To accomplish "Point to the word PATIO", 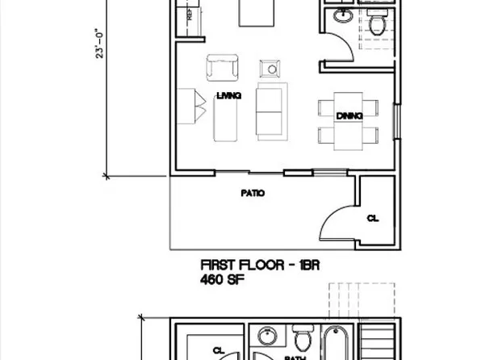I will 253,194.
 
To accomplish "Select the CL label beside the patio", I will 372,218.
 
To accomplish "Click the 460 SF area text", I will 221,280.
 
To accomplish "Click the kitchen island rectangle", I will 254,14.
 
